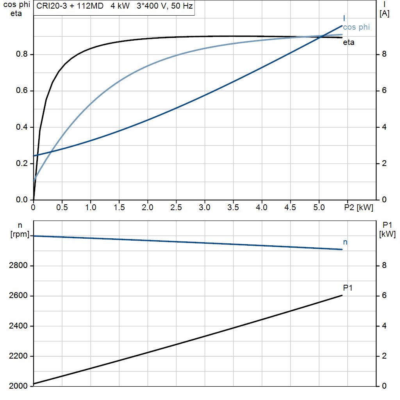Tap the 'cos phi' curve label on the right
356,27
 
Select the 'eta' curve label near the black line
348,43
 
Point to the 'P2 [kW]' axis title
359,207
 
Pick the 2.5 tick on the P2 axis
176,207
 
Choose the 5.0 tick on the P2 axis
319,207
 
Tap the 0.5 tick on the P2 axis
62,207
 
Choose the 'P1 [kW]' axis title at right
387,230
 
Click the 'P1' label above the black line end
348,288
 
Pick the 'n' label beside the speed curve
345,242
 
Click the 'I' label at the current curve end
344,18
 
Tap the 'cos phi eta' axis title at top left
16,10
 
